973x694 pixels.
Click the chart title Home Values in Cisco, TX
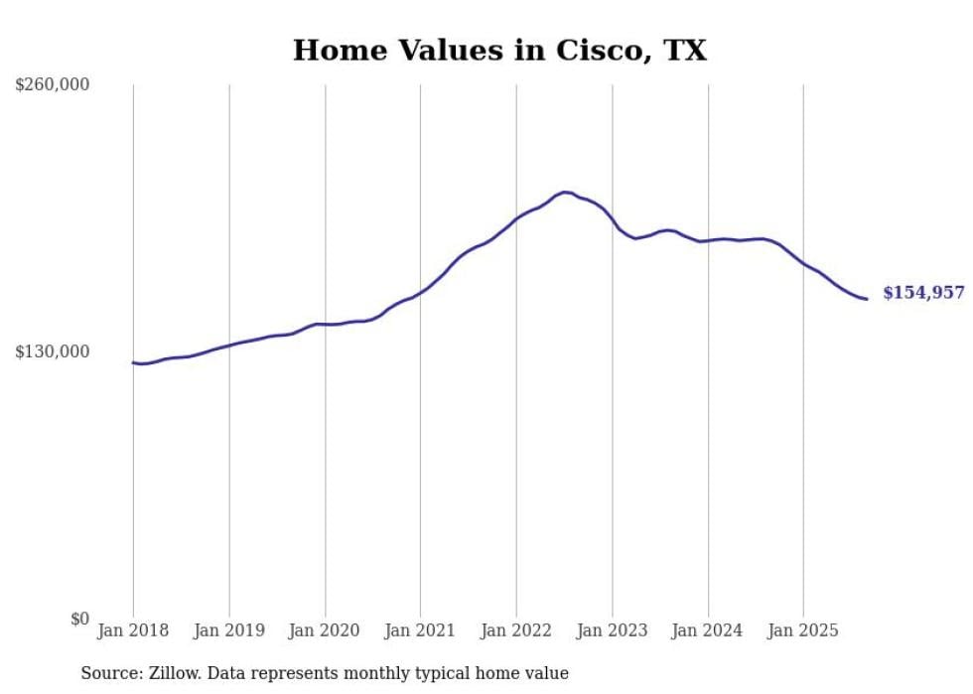pos(499,50)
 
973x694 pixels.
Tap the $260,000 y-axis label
pos(52,85)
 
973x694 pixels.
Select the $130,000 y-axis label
pos(52,351)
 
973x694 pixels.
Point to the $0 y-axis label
pos(79,619)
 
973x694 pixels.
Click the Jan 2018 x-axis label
pos(133,630)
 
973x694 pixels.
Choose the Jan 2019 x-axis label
pos(229,630)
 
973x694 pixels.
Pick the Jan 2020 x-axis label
pos(325,630)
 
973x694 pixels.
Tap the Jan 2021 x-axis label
pos(420,630)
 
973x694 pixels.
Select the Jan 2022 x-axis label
pos(516,630)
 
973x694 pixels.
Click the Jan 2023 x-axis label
pos(612,630)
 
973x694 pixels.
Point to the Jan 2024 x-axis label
pos(708,630)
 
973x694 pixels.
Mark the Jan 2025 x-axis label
pos(803,630)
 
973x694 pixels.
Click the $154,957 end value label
pos(923,293)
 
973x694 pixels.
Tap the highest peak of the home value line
pos(565,192)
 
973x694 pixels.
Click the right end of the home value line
pos(867,299)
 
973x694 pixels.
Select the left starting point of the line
pos(133,362)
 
